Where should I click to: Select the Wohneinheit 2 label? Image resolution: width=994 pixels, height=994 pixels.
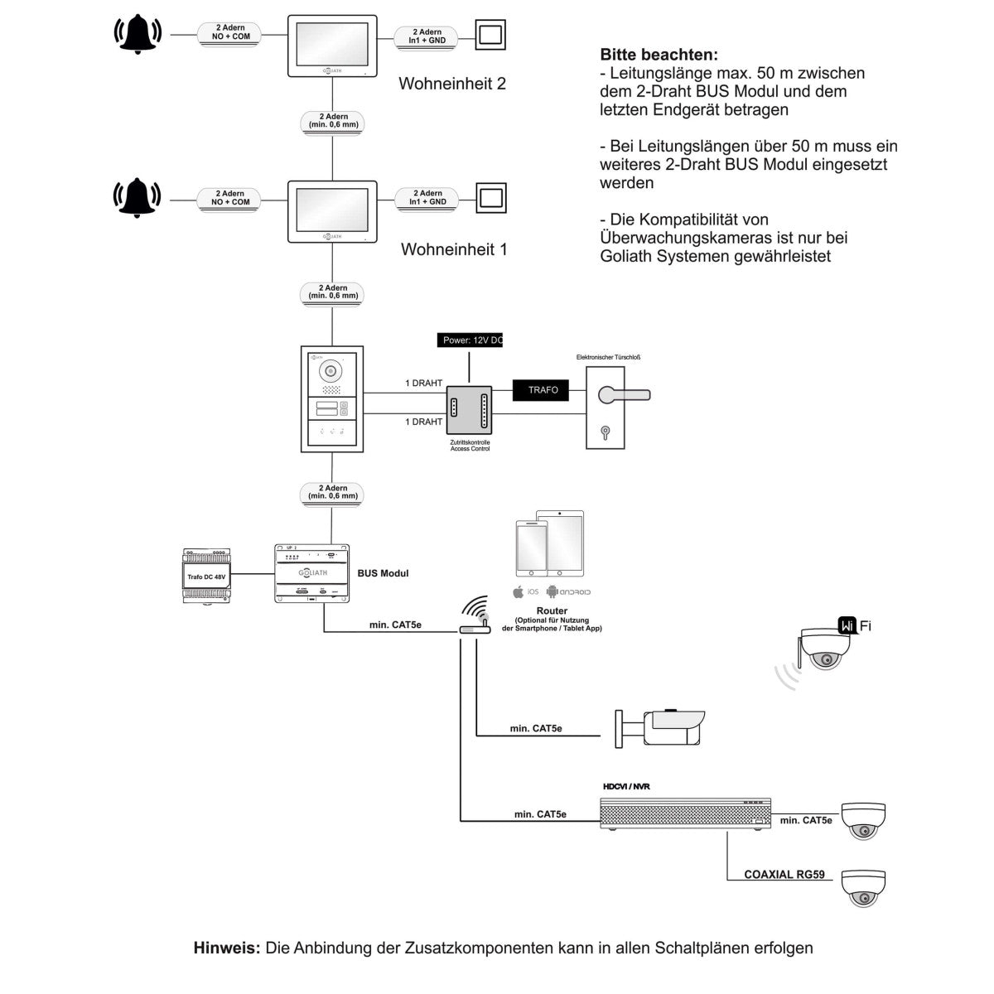pyautogui.click(x=451, y=84)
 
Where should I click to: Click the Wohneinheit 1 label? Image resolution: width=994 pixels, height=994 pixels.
pyautogui.click(x=453, y=249)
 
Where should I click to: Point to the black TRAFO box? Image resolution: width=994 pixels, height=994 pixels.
pyautogui.click(x=543, y=389)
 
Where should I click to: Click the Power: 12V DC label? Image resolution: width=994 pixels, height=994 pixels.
pyautogui.click(x=470, y=340)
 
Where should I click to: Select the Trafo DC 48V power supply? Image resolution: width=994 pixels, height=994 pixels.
pyautogui.click(x=206, y=576)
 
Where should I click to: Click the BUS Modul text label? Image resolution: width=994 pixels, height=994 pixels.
pyautogui.click(x=383, y=573)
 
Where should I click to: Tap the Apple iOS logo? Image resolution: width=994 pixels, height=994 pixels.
pyautogui.click(x=518, y=591)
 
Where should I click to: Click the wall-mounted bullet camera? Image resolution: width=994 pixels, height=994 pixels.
pyautogui.click(x=663, y=726)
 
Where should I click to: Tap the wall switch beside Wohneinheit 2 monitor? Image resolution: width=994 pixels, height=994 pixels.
pyautogui.click(x=490, y=36)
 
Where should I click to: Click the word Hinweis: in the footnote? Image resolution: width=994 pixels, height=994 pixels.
pyautogui.click(x=227, y=948)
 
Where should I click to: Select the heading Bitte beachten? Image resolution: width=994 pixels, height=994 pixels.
pyautogui.click(x=658, y=55)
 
